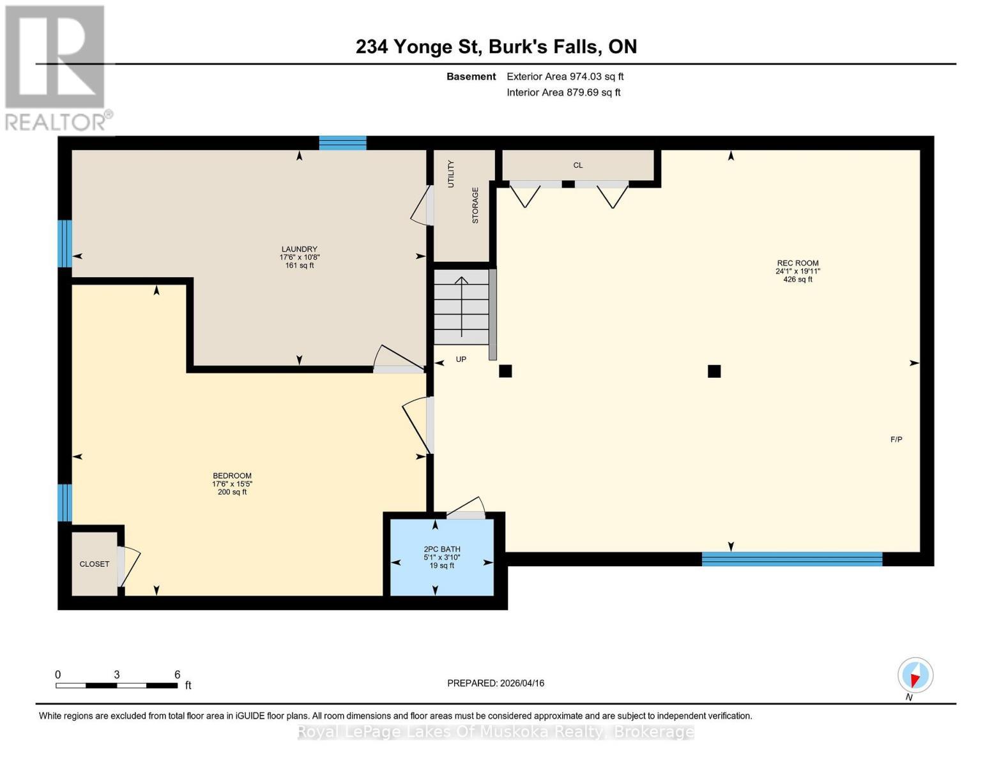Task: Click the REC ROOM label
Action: (798, 263)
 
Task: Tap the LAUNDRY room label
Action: (299, 249)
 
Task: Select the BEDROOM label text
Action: (232, 476)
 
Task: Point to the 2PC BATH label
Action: (441, 550)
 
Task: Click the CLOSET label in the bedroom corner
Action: (95, 564)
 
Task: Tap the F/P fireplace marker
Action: (896, 439)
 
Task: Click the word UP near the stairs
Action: (461, 359)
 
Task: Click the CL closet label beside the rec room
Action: (578, 165)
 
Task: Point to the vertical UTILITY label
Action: (451, 174)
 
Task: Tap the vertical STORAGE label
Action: (475, 206)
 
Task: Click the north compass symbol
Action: (915, 675)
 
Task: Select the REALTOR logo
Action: (57, 68)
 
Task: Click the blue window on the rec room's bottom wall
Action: (792, 559)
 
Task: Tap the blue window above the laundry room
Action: (342, 143)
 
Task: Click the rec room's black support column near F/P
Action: (714, 372)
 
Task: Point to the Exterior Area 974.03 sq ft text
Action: (565, 77)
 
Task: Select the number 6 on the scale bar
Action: (177, 674)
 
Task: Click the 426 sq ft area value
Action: (798, 279)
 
